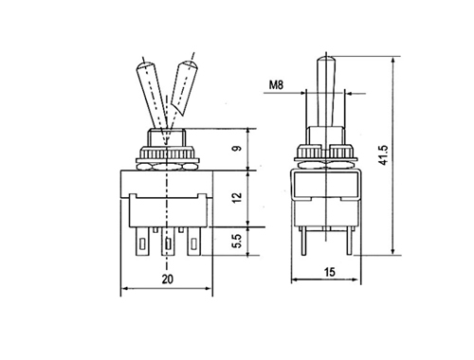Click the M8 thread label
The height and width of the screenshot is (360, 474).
point(276,84)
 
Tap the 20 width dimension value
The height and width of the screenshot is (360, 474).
point(168,279)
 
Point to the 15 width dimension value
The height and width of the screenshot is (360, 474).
point(330,272)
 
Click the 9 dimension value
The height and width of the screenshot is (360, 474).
point(237,148)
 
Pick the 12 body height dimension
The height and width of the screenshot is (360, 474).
point(237,197)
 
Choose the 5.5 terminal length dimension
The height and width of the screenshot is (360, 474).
point(237,241)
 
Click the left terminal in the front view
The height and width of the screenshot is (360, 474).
point(142,242)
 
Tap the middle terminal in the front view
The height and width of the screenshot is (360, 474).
point(168,242)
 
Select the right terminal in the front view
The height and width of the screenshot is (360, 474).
point(193,242)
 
